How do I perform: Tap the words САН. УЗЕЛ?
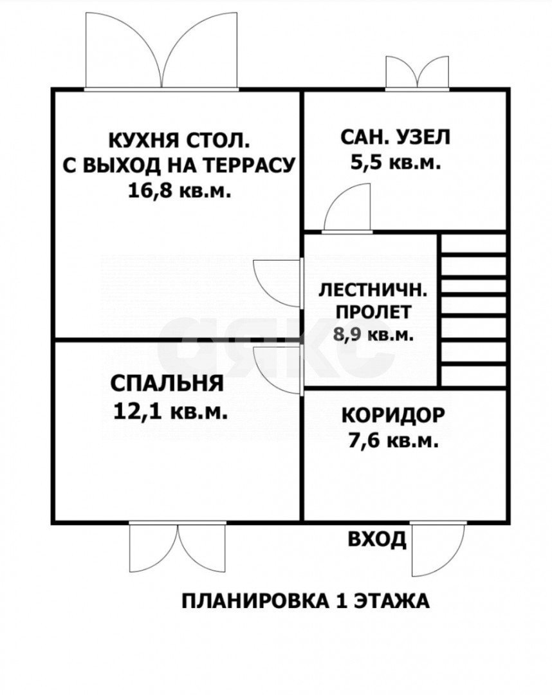pos(396,137)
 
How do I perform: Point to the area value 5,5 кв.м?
pos(396,163)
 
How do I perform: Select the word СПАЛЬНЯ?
pos(167,384)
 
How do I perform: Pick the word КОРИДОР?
pos(392,415)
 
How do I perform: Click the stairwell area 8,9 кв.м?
pos(373,335)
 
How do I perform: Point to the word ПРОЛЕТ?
pos(373,313)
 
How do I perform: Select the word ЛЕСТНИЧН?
pos(373,290)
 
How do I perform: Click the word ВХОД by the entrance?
pos(377,539)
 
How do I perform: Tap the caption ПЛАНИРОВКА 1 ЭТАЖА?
pos(305,601)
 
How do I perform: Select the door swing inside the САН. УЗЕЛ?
pos(347,209)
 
